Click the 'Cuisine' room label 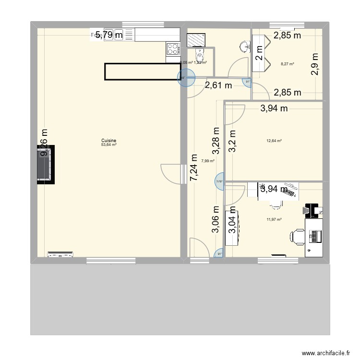click(109, 141)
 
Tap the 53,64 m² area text click(109, 144)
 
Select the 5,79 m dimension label click(108, 35)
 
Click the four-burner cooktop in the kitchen click(173, 48)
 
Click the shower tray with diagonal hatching click(196, 38)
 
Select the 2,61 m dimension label click(218, 86)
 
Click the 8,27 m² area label click(288, 64)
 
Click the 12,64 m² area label click(274, 141)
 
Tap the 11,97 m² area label click(274, 220)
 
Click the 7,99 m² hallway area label click(208, 161)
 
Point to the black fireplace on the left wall click(47, 164)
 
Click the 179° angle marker click(220, 181)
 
